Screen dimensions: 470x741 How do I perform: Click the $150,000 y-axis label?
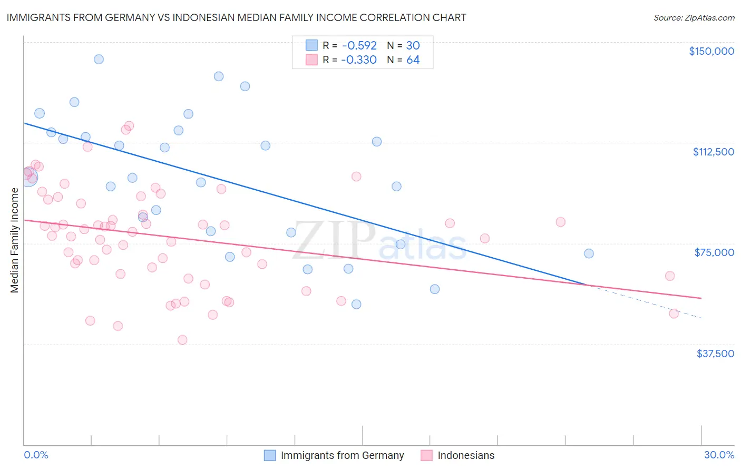click(x=711, y=51)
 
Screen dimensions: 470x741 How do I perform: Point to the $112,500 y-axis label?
click(x=713, y=152)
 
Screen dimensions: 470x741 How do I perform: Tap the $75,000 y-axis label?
click(x=714, y=252)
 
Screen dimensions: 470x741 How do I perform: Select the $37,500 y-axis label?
click(x=715, y=354)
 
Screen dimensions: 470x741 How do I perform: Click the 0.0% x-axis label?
click(x=36, y=455)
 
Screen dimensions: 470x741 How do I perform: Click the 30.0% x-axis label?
click(x=719, y=455)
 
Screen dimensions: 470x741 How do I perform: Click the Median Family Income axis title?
click(x=15, y=240)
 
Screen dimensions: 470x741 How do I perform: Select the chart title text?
click(x=236, y=17)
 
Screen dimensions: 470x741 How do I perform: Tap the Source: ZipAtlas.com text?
click(x=694, y=17)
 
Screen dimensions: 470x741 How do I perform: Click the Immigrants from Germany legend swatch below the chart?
click(x=270, y=455)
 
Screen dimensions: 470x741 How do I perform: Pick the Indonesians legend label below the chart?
click(x=466, y=455)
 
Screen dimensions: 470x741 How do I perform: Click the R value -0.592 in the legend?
click(x=359, y=45)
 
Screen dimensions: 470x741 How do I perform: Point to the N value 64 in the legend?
click(x=413, y=60)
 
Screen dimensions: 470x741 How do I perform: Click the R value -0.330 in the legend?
click(x=359, y=60)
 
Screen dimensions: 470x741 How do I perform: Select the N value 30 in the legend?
click(x=413, y=45)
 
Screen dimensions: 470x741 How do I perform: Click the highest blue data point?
click(x=99, y=59)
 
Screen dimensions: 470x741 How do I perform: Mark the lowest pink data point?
click(x=182, y=340)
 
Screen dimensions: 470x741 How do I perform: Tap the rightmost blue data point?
click(x=589, y=253)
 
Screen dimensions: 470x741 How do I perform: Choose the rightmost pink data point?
click(x=674, y=314)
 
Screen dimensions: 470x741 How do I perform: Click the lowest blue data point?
click(x=356, y=304)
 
